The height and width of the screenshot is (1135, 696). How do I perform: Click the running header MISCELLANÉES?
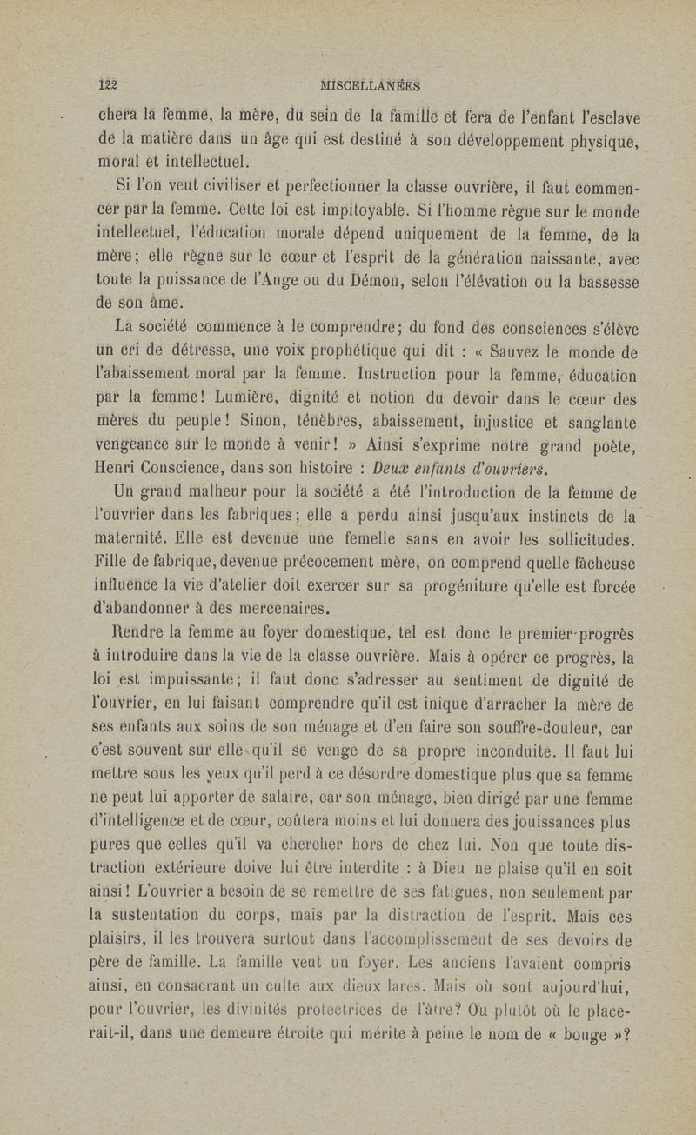coord(371,85)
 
